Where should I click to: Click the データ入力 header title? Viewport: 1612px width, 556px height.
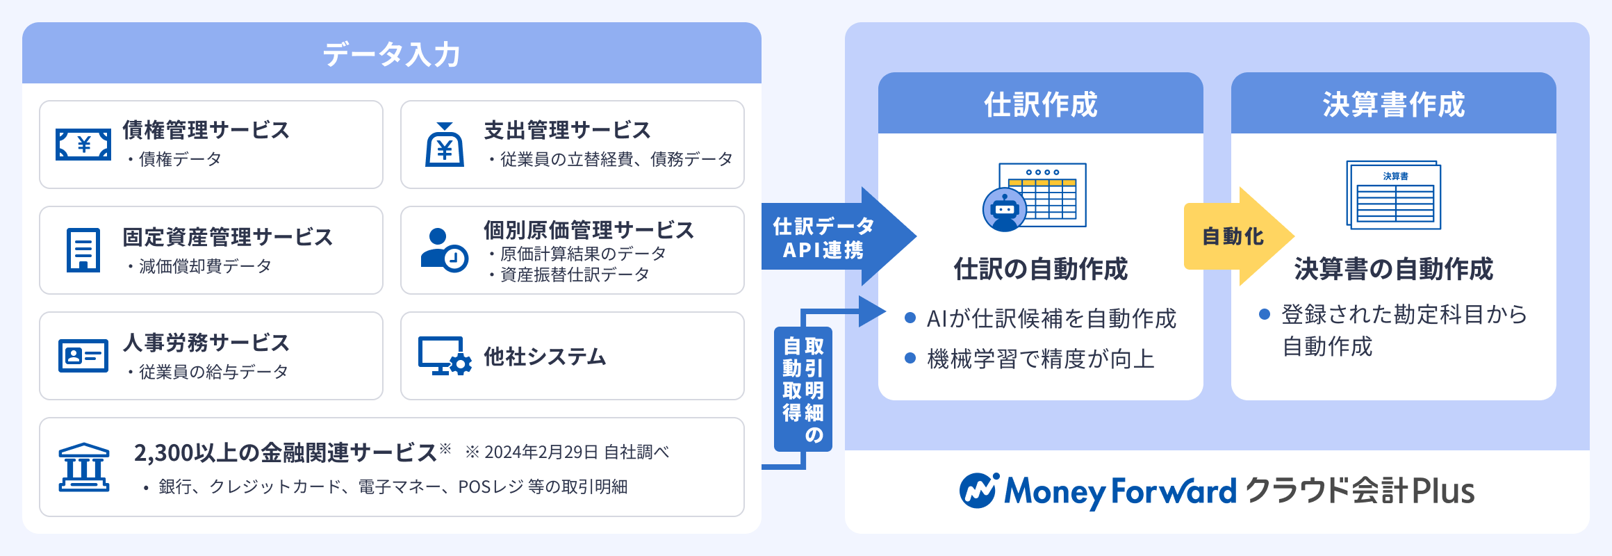tap(391, 54)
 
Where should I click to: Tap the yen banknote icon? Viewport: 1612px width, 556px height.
tap(83, 145)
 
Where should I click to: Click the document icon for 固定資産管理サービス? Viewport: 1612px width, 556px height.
tap(83, 250)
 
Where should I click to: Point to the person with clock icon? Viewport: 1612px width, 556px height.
tap(444, 250)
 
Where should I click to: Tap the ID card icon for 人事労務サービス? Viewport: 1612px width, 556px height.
tap(83, 356)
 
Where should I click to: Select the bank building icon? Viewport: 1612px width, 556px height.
tap(84, 468)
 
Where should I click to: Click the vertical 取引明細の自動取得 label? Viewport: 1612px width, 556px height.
tap(803, 389)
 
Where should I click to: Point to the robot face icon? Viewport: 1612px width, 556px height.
tap(1005, 209)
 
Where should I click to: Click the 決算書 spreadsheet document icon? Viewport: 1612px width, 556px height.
tap(1394, 195)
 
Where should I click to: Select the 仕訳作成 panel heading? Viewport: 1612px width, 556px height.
tap(1040, 104)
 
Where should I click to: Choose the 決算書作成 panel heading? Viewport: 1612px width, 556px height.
tap(1393, 104)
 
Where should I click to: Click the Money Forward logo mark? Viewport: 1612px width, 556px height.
tap(979, 491)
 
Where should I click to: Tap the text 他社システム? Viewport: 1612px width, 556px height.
tap(545, 357)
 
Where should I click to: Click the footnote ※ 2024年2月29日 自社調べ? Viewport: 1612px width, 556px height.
tap(567, 452)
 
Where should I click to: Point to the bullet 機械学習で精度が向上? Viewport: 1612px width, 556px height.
tap(1040, 359)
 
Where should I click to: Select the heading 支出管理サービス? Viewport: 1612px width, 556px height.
tap(567, 130)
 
